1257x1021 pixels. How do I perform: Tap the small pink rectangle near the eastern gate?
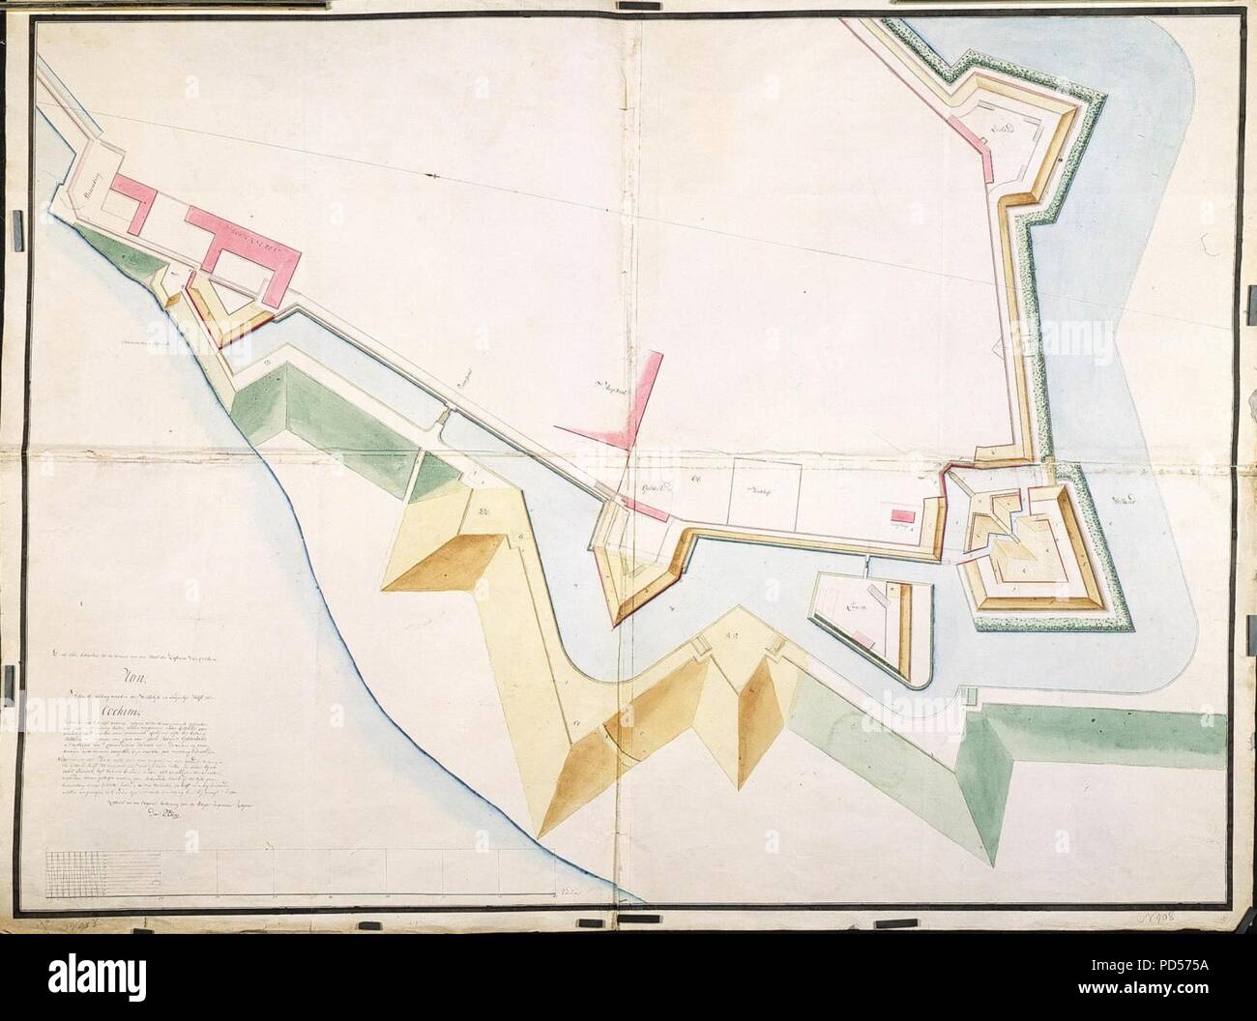click(902, 516)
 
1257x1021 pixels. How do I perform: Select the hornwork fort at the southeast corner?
click(1030, 546)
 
